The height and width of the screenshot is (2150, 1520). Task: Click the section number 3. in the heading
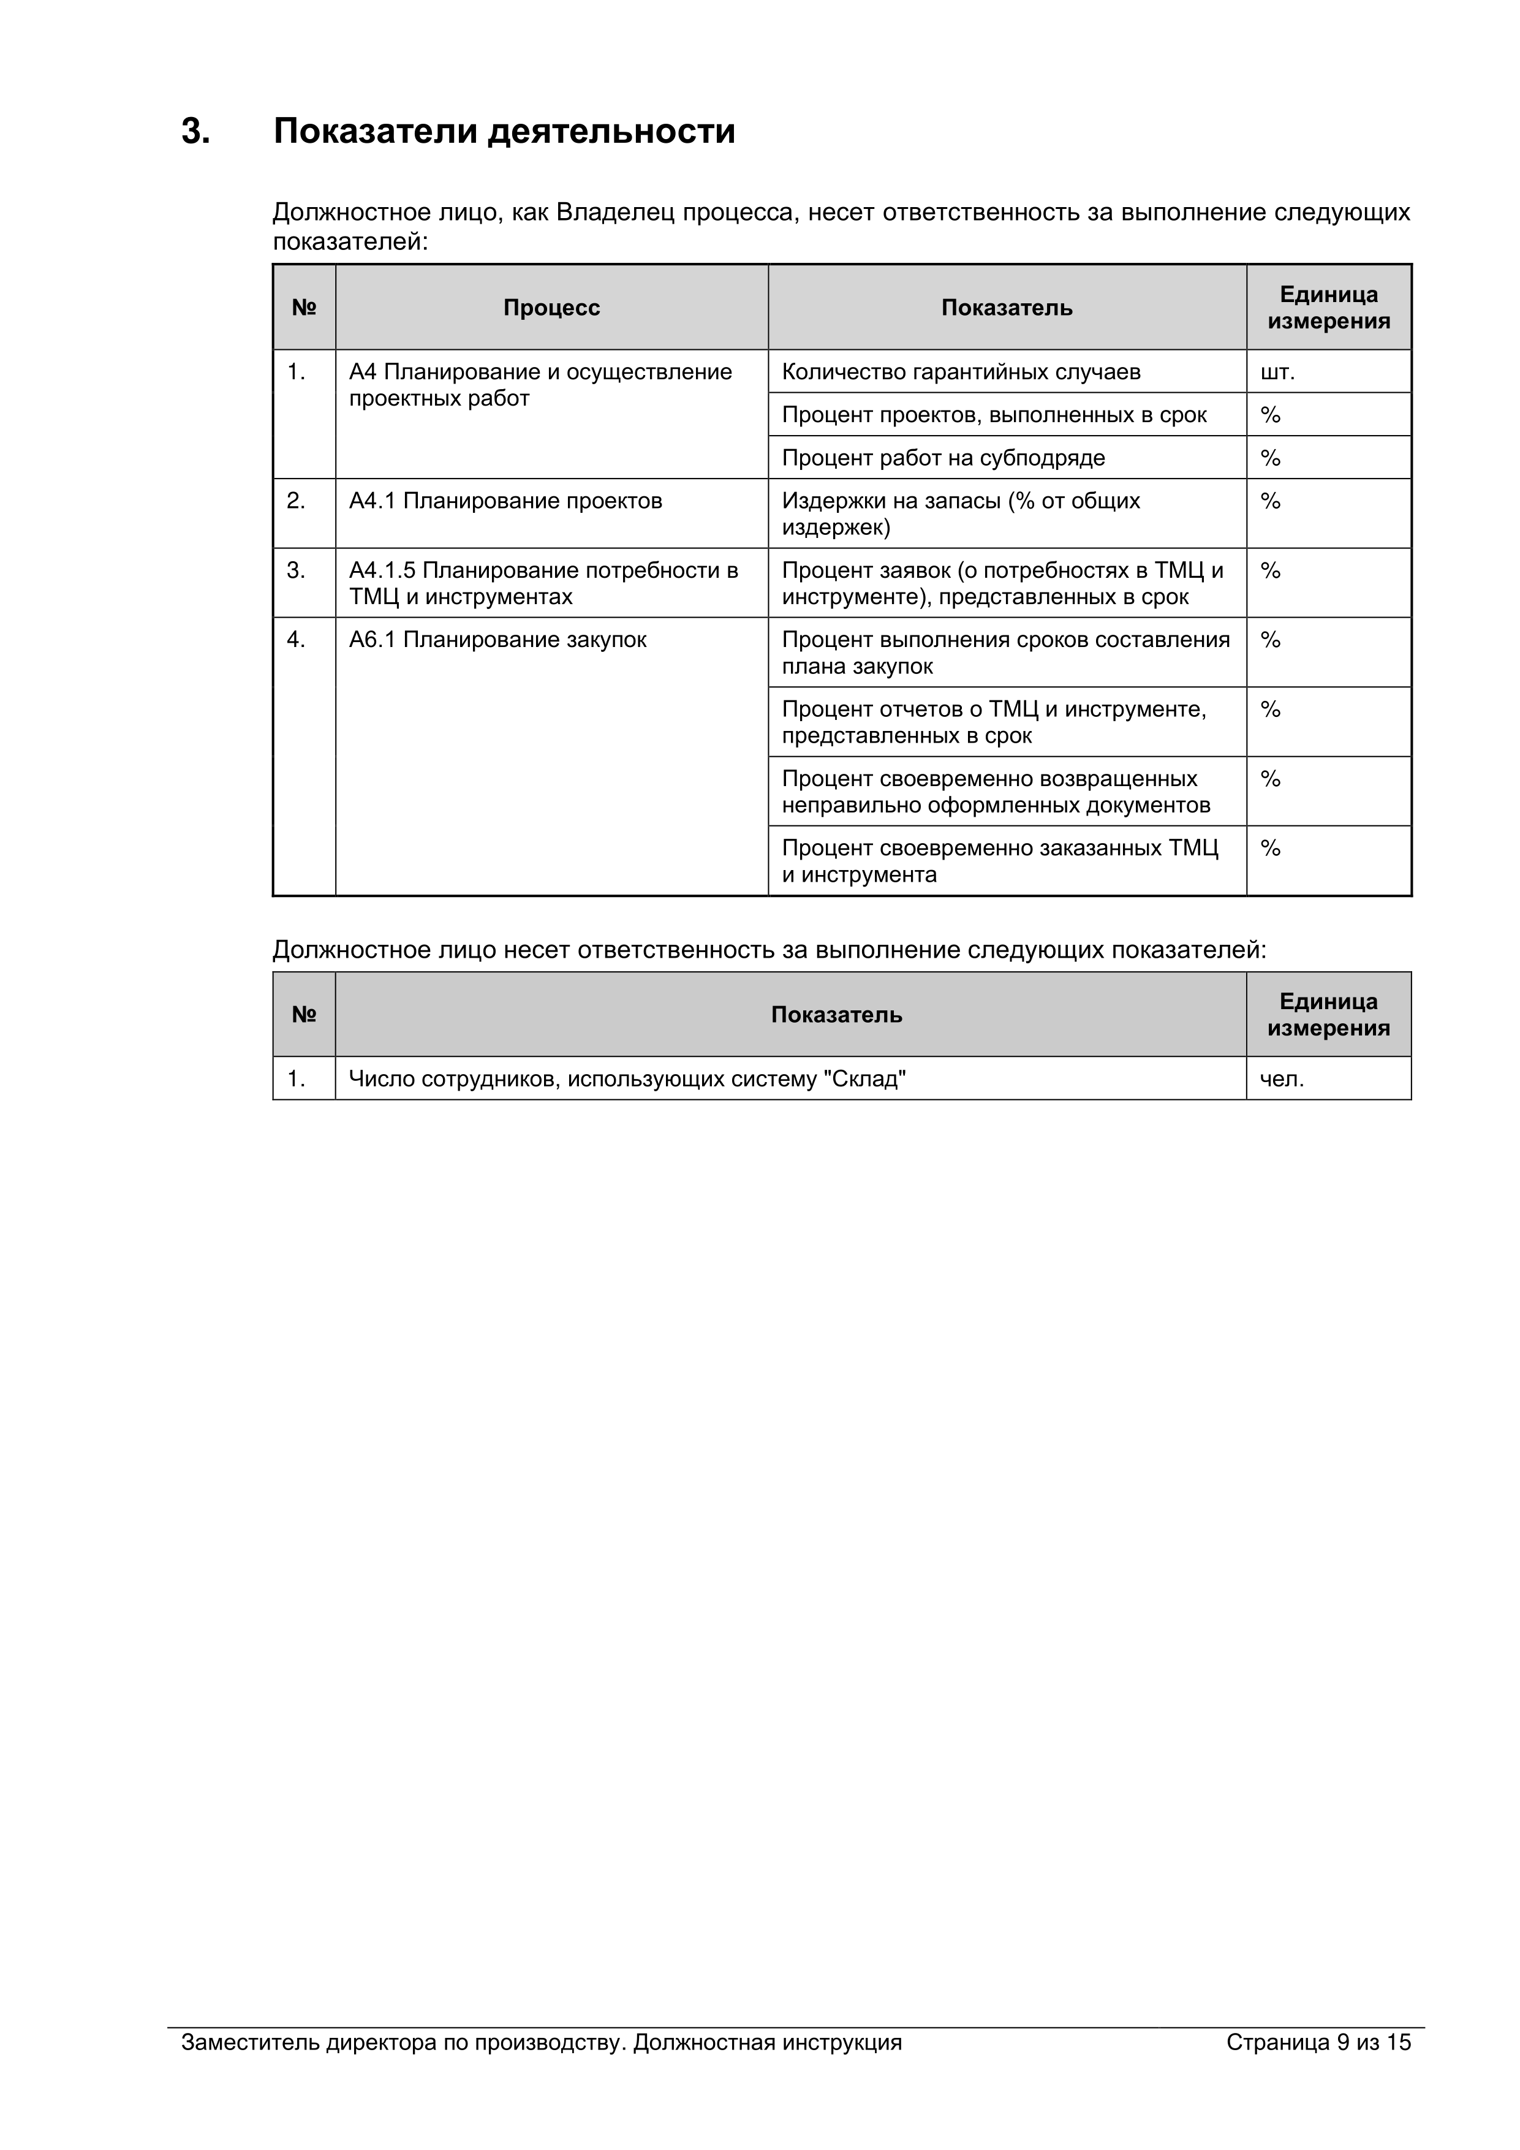[195, 131]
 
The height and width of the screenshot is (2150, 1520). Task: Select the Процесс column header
[551, 308]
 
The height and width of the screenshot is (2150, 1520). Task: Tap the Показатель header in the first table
[1006, 308]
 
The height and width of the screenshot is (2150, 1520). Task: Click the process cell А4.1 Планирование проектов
[505, 502]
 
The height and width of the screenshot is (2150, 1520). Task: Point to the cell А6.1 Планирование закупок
[497, 640]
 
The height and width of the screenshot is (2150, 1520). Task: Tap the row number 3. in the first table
[296, 571]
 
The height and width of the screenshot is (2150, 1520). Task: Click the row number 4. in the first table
[296, 640]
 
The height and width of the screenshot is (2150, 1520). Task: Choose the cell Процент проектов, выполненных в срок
[994, 416]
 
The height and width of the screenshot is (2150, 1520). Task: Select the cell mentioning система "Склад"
[627, 1080]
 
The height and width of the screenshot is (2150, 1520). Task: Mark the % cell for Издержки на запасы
[1270, 502]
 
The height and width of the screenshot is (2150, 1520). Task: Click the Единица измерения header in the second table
[1328, 1015]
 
